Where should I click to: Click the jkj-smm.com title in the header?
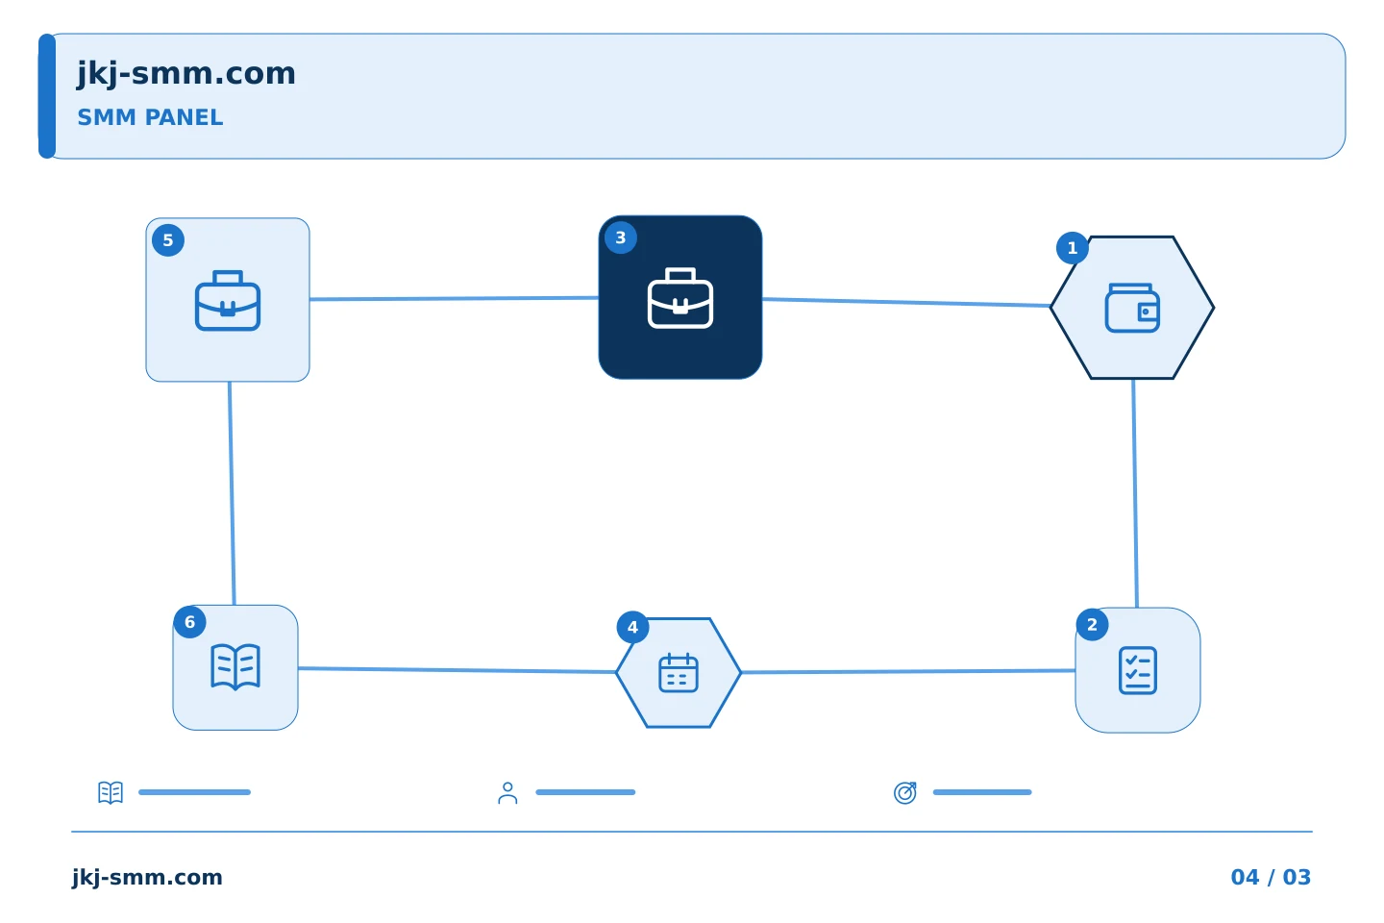click(186, 74)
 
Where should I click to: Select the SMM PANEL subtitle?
click(150, 117)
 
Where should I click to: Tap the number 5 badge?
click(168, 240)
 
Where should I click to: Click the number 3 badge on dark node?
click(621, 238)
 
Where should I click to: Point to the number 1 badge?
click(1073, 248)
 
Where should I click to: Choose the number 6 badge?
click(189, 622)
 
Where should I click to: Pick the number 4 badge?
click(632, 628)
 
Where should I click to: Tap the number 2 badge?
click(1093, 625)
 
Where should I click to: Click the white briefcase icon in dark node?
click(680, 298)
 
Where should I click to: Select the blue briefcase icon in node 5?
click(228, 300)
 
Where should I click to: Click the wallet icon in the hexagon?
click(1132, 308)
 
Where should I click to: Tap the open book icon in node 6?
click(235, 667)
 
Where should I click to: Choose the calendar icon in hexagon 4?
click(679, 673)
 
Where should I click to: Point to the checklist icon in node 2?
click(1138, 671)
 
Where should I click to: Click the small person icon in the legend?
click(507, 792)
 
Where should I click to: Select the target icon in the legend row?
click(905, 792)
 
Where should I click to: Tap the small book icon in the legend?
click(111, 792)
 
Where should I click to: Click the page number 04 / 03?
click(1271, 877)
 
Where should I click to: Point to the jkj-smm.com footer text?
click(147, 878)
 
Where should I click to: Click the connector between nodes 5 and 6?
click(232, 493)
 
